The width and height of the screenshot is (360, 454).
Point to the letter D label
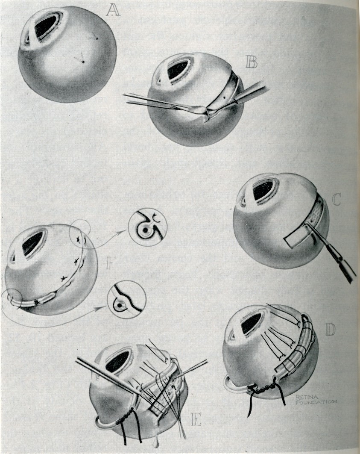330,330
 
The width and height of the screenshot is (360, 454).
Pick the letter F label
109,264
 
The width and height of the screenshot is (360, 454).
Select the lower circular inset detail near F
127,302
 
